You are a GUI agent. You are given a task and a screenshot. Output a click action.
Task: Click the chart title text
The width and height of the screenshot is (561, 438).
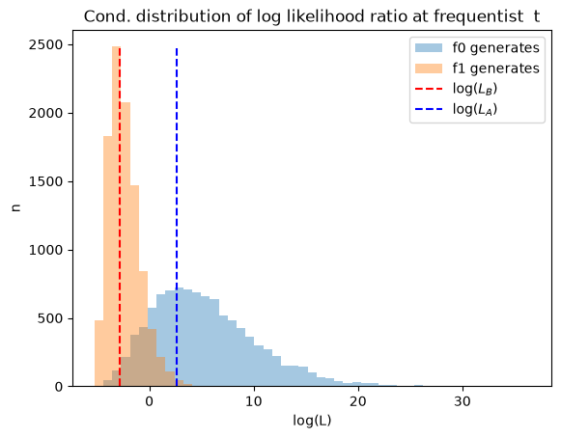point(312,16)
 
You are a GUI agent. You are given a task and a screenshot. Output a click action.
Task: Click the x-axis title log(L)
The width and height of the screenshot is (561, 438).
point(312,421)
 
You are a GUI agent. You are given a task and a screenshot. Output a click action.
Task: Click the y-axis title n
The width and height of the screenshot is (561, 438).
point(16,207)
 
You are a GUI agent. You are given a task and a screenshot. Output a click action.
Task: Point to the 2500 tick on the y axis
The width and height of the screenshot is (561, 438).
point(45,44)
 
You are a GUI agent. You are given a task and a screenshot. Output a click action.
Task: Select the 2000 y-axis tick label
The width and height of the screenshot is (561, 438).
point(45,113)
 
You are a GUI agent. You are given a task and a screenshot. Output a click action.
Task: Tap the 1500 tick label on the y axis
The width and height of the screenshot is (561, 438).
point(45,181)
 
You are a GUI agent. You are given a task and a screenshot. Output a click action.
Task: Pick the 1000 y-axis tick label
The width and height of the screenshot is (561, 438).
point(45,250)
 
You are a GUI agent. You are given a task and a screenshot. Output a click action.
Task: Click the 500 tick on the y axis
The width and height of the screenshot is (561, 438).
point(50,318)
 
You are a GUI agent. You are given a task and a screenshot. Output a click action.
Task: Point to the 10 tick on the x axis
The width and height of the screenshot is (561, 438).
point(254,401)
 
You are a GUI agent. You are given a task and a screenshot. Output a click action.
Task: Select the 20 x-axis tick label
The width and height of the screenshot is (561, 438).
point(358,401)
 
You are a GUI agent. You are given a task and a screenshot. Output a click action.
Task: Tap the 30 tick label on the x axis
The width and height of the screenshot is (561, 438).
point(463,401)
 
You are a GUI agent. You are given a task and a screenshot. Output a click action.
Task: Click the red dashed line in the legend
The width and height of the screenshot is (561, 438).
point(429,89)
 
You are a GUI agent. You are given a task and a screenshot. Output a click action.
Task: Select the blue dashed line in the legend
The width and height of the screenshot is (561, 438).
point(429,109)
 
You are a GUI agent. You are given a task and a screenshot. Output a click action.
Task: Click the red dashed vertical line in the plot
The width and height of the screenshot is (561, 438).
point(120,217)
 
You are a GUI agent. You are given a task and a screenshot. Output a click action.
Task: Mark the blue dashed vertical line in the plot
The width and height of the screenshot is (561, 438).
point(177,217)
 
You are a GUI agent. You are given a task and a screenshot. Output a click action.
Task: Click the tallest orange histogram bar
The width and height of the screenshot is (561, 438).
point(117,216)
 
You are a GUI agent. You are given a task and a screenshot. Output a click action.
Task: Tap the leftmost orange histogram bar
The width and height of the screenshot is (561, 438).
point(99,353)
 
